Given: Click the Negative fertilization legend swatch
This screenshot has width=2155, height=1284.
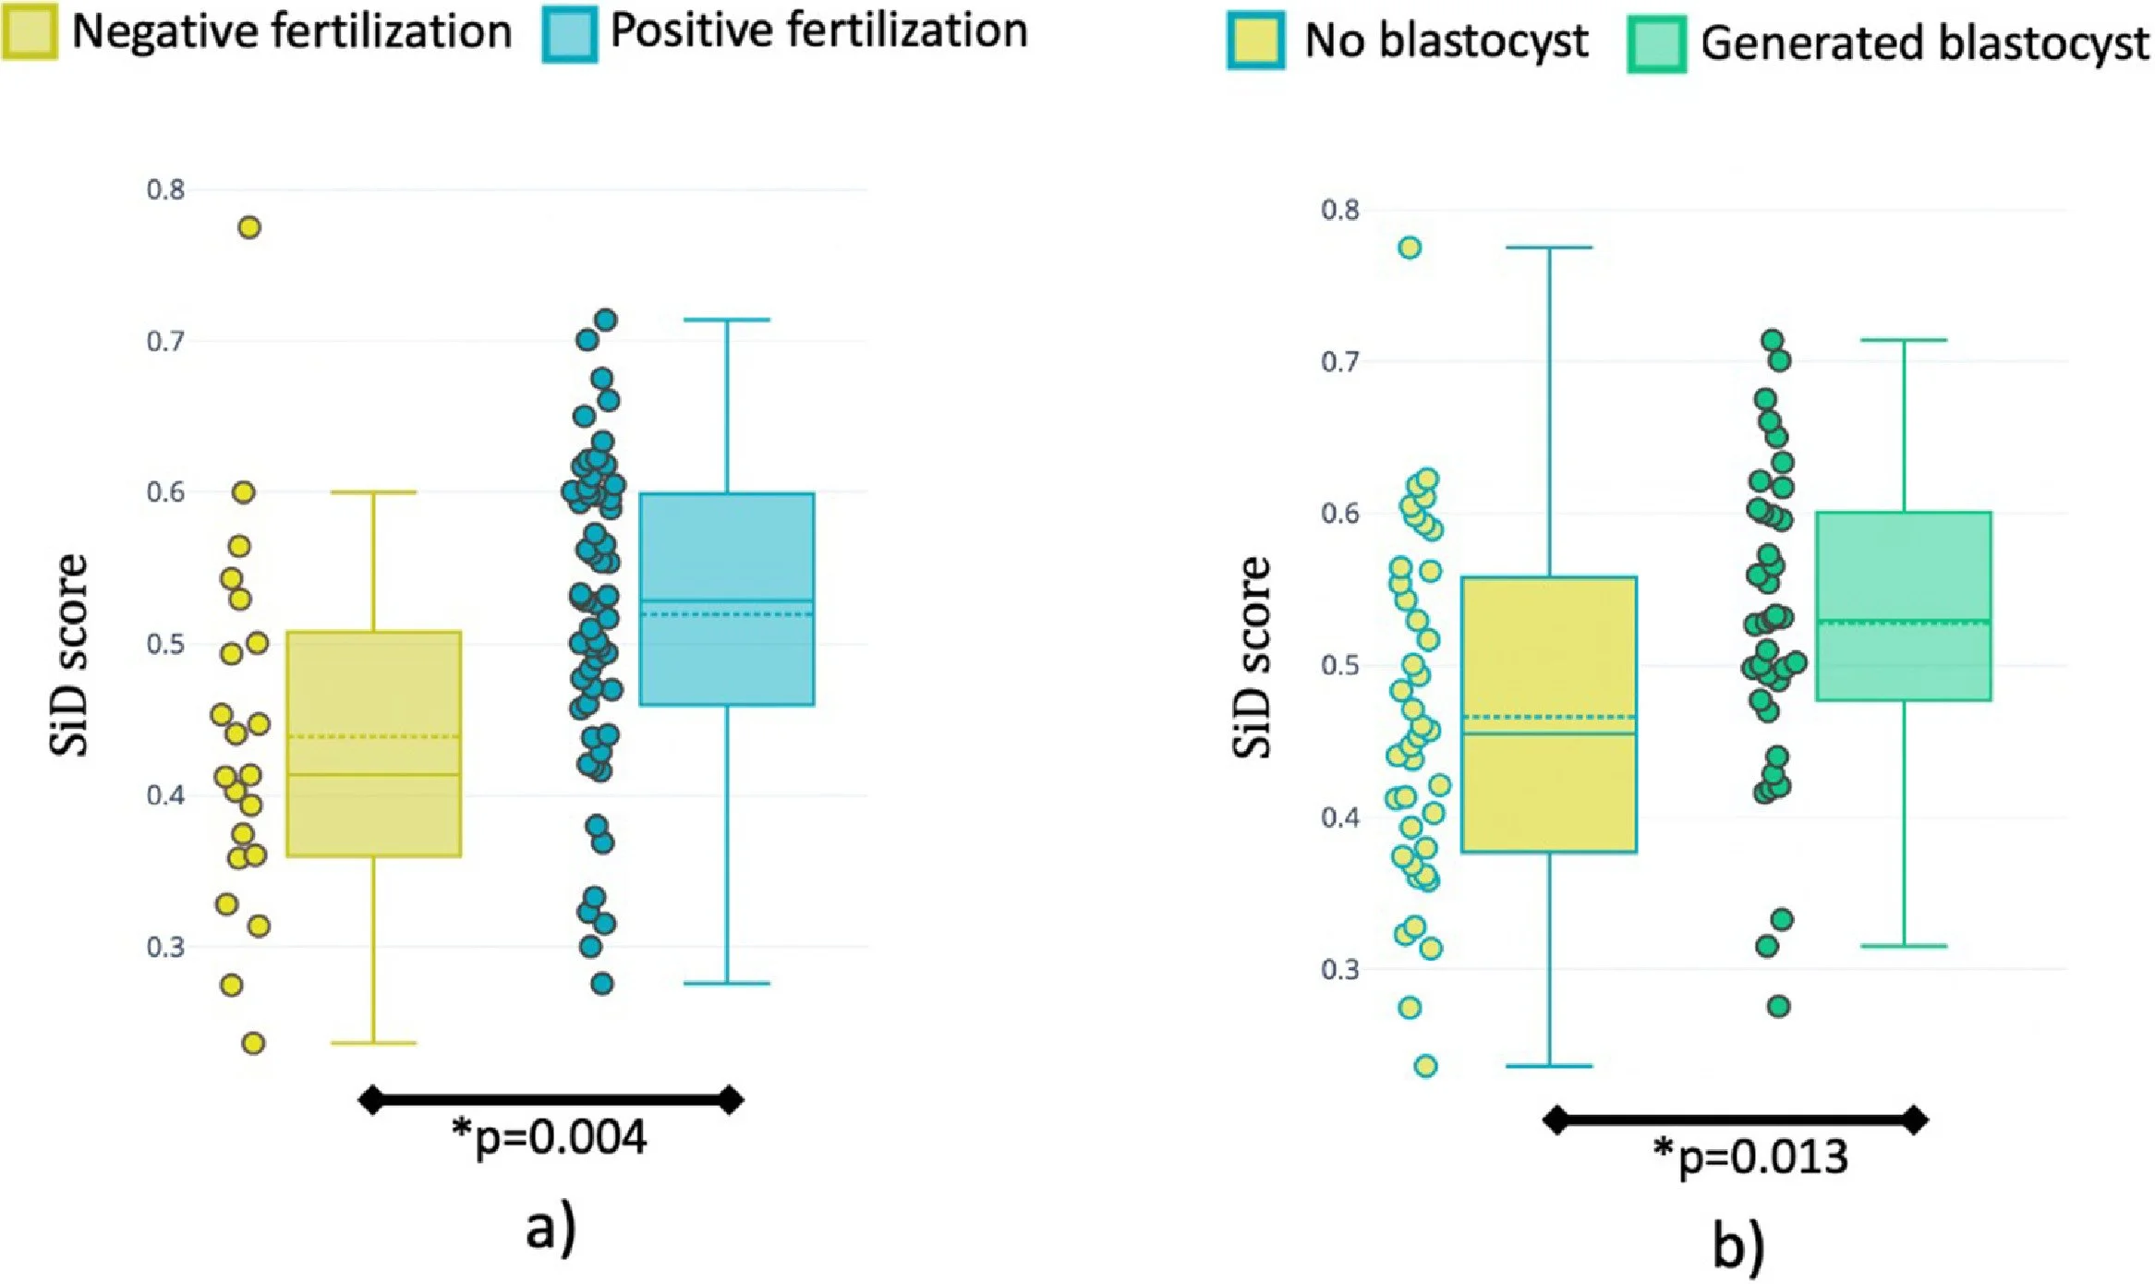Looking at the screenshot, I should coord(30,32).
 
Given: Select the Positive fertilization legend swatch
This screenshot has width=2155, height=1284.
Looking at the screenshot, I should coord(570,34).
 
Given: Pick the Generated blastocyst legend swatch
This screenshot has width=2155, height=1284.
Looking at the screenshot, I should coord(1656,44).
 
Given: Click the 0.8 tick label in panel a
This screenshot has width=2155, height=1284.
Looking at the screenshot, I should coord(165,190).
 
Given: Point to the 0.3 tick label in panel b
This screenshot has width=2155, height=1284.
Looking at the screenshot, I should coord(1339,970).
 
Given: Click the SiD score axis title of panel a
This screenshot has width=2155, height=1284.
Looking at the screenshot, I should coord(69,656).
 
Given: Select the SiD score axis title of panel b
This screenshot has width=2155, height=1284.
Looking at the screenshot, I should coord(1252,658).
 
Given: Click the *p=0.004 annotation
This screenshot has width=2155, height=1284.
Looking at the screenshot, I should coord(550,1137).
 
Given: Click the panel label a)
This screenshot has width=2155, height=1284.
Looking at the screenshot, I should coord(551,1229).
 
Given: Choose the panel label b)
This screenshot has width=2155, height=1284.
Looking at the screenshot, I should coord(1738,1246).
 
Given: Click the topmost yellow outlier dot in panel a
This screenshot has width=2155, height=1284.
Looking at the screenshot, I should coord(249,227).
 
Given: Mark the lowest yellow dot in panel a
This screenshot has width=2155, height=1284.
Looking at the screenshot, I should coord(253,1044).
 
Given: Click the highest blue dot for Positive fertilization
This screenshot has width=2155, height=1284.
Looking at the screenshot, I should coord(606,321).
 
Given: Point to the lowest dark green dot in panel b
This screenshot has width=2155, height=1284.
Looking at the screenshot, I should coord(1779,1007).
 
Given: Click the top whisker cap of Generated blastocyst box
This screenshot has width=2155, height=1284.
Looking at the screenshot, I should coord(1904,340).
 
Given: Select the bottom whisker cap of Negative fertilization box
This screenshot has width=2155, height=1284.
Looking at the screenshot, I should coord(373,1043).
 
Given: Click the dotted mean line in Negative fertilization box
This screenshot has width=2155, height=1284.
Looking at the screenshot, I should coord(373,737).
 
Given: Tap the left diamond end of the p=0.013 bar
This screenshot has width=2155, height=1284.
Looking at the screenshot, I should coord(1556,1120).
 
